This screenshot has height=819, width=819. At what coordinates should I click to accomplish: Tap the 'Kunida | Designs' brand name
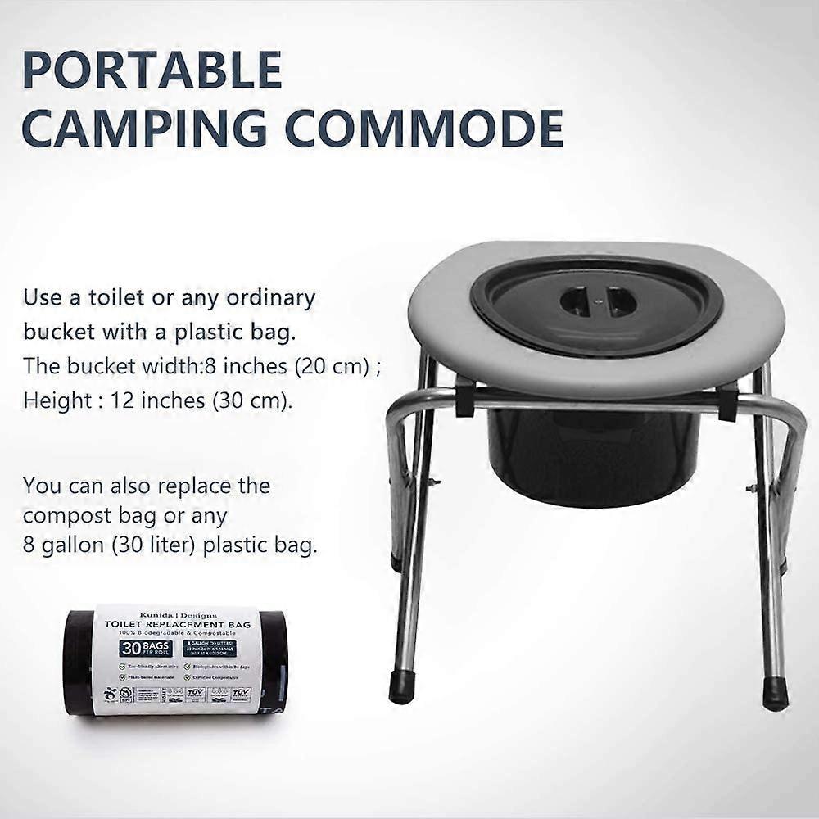(178, 612)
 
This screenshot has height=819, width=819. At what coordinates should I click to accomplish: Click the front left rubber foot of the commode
(402, 689)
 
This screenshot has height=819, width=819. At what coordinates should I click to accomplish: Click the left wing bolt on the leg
(432, 483)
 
